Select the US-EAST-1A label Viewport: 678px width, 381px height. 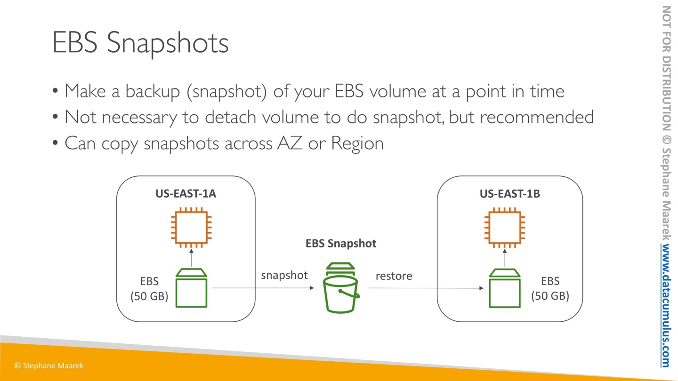tap(186, 193)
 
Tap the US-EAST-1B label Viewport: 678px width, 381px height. tap(510, 193)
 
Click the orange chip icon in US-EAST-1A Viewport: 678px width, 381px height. tap(191, 227)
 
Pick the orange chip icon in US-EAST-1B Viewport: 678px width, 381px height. tap(505, 227)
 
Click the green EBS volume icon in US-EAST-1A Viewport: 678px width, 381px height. tap(191, 288)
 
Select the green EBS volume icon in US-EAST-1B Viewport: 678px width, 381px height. tap(505, 288)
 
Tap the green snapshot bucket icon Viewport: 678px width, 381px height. tap(341, 288)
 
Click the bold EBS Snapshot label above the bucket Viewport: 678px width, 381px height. tap(341, 244)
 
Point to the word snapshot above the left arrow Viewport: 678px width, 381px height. tap(284, 276)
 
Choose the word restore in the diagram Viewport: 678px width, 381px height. tap(394, 276)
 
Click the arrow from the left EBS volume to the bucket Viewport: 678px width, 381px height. tap(263, 288)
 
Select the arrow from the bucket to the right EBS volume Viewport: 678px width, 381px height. tap(426, 288)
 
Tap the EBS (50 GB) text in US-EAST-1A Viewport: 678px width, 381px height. tap(149, 289)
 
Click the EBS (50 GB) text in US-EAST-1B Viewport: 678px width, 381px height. tap(550, 288)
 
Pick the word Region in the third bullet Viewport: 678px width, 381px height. tap(357, 143)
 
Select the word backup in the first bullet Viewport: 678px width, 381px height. tap(153, 91)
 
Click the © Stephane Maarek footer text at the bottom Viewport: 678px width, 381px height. tap(49, 365)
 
